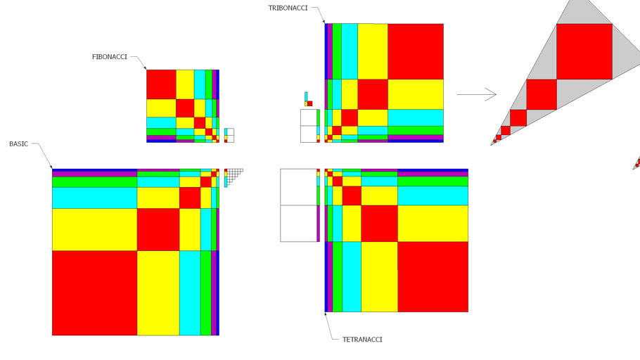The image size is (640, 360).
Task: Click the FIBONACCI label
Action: (110, 57)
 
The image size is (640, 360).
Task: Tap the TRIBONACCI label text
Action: (288, 8)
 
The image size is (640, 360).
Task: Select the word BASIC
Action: (19, 143)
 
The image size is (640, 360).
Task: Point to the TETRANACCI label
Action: (362, 339)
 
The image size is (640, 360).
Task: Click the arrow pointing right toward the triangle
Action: (476, 95)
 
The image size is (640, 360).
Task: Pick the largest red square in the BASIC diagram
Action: (95, 293)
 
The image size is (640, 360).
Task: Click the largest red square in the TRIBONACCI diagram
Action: (416, 51)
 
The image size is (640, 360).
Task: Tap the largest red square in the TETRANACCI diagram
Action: (433, 277)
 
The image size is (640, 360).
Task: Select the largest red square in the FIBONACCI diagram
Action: (161, 84)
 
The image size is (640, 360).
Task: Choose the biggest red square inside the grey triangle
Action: (584, 51)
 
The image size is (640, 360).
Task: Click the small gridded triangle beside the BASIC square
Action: (234, 178)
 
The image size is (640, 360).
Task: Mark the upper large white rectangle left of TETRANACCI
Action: (298, 187)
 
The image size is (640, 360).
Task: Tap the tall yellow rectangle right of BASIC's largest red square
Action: (158, 293)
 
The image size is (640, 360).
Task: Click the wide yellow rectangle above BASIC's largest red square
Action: (95, 229)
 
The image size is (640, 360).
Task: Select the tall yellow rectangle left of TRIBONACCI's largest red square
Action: (373, 51)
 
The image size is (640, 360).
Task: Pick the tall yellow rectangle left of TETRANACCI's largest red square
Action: (379, 277)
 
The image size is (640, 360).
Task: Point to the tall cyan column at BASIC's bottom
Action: (190, 293)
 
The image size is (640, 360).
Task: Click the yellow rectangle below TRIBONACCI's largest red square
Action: (416, 94)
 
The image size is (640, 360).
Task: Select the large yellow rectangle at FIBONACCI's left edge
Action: (161, 108)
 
